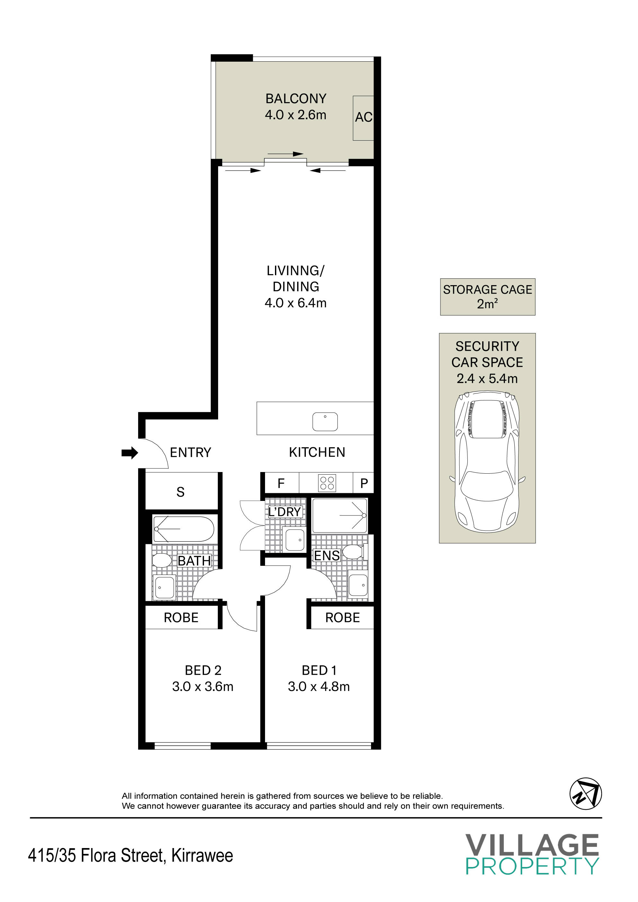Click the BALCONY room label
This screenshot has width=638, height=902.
click(x=296, y=98)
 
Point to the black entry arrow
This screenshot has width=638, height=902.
click(x=130, y=453)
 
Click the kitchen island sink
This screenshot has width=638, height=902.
click(x=325, y=422)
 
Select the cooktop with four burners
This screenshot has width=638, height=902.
click(x=327, y=483)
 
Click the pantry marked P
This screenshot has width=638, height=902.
click(x=364, y=483)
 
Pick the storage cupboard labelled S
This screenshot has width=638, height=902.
click(x=181, y=491)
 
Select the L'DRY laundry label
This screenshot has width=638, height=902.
click(x=285, y=512)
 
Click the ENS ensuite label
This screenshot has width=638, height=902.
click(x=327, y=556)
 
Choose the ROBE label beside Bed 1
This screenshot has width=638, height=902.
click(x=342, y=617)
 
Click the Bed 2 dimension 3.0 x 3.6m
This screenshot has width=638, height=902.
click(x=203, y=686)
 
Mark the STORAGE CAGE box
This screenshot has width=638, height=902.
click(x=487, y=297)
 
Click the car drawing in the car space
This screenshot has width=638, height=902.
click(x=487, y=462)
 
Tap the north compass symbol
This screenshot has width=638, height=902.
click(x=586, y=793)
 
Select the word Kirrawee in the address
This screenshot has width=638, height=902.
click(x=202, y=856)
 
